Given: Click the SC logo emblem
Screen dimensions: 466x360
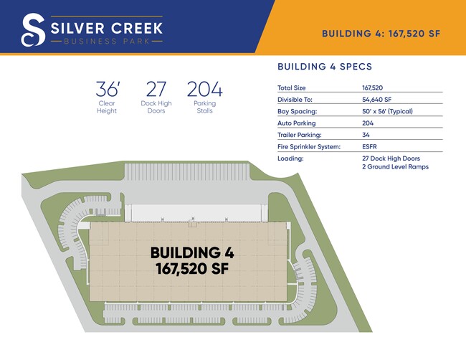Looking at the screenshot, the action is pyautogui.click(x=33, y=29).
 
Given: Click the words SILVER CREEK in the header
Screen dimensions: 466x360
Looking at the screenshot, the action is pyautogui.click(x=107, y=28).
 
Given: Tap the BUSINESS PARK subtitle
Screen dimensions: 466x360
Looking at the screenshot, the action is pyautogui.click(x=107, y=41).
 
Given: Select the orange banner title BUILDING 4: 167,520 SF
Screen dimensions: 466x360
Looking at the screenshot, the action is pyautogui.click(x=381, y=34).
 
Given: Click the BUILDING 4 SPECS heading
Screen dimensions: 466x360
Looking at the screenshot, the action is pyautogui.click(x=325, y=66).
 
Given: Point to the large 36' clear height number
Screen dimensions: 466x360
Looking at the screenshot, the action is pyautogui.click(x=108, y=89).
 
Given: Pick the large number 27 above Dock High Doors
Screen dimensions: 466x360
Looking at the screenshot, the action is pyautogui.click(x=156, y=89).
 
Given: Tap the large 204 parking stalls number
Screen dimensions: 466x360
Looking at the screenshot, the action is pyautogui.click(x=205, y=89).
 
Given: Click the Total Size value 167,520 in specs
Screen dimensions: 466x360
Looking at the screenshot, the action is pyautogui.click(x=372, y=87).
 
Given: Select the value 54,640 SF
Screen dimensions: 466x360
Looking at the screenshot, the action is pyautogui.click(x=377, y=100).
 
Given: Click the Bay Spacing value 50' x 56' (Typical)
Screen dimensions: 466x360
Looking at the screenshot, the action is pyautogui.click(x=387, y=111).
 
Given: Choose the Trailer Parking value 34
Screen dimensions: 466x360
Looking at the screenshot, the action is pyautogui.click(x=366, y=135).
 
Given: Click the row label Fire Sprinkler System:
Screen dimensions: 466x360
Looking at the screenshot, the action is pyautogui.click(x=309, y=147).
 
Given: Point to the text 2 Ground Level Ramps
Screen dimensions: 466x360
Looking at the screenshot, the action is pyautogui.click(x=395, y=167).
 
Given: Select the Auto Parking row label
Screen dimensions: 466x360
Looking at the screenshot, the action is pyautogui.click(x=297, y=123).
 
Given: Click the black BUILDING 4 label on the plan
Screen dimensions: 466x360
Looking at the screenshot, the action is pyautogui.click(x=192, y=252).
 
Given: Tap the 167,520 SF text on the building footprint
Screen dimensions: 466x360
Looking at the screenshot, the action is pyautogui.click(x=192, y=269).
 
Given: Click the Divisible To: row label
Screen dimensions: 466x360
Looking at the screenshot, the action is pyautogui.click(x=295, y=100).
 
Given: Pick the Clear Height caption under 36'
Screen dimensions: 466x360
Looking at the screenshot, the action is pyautogui.click(x=107, y=107).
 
